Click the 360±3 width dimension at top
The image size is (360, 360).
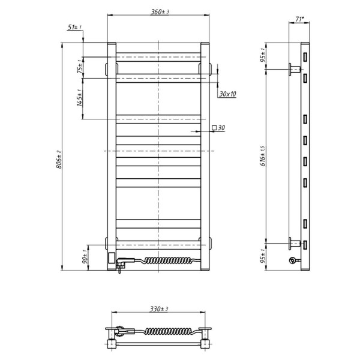pyautogui.click(x=158, y=13)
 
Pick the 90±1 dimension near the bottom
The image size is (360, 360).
pyautogui.click(x=85, y=259)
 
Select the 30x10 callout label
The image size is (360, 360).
pyautogui.click(x=227, y=94)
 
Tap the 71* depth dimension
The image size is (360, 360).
pyautogui.click(x=299, y=20)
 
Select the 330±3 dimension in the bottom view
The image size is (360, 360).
pyautogui.click(x=158, y=308)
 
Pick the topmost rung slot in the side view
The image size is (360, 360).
pyautogui.click(x=305, y=57)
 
